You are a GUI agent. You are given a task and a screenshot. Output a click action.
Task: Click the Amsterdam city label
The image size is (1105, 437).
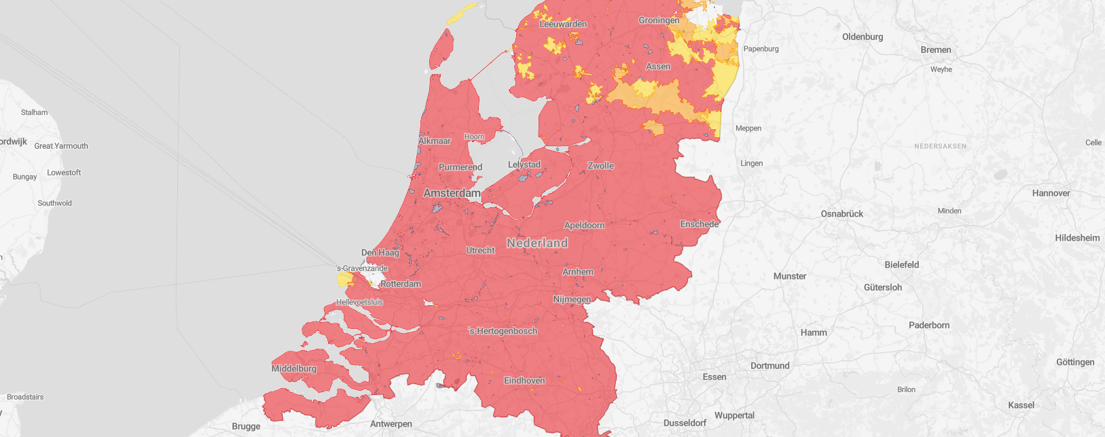pyautogui.click(x=452, y=193)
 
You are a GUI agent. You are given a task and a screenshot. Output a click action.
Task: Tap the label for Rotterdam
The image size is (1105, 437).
pyautogui.click(x=401, y=283)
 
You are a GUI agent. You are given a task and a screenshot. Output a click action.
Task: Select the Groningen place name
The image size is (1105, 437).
pyautogui.click(x=658, y=20)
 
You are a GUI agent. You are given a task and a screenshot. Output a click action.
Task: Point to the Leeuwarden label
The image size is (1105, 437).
pyautogui.click(x=563, y=24)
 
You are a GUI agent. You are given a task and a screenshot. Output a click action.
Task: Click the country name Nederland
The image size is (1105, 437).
pyautogui.click(x=537, y=243)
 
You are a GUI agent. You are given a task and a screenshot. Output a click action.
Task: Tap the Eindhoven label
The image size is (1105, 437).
pyautogui.click(x=524, y=381)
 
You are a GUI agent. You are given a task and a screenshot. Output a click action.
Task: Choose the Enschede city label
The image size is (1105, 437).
pyautogui.click(x=700, y=224)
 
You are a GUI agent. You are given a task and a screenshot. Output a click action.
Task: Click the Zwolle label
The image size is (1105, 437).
pyautogui.click(x=600, y=166)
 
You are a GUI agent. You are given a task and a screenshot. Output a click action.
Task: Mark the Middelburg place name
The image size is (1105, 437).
pyautogui.click(x=294, y=368)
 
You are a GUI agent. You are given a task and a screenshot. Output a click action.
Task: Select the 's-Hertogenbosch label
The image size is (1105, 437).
pyautogui.click(x=503, y=331)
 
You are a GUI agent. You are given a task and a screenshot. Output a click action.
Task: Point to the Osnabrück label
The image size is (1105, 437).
pyautogui.click(x=841, y=213)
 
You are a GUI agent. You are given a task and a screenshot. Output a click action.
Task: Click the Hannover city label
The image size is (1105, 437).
pyautogui.click(x=1051, y=193)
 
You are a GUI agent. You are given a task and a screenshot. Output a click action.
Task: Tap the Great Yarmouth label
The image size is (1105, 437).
pyautogui.click(x=61, y=146)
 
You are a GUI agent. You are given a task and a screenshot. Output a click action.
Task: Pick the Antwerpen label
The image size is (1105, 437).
pyautogui.click(x=391, y=423)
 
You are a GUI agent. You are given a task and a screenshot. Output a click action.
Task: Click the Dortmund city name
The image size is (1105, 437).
pyautogui.click(x=769, y=366)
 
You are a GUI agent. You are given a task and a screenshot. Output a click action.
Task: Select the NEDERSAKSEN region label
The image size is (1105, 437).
pyautogui.click(x=940, y=146)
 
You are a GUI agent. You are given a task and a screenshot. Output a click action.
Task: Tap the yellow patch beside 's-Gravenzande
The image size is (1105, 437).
pyautogui.click(x=344, y=279)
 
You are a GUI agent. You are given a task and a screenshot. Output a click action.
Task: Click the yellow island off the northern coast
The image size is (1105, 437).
pyautogui.click(x=463, y=13)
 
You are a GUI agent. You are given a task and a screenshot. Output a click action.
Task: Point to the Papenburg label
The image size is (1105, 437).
pyautogui.click(x=761, y=49)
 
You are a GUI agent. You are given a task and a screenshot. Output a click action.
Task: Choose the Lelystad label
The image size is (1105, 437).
pyautogui.click(x=524, y=164)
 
